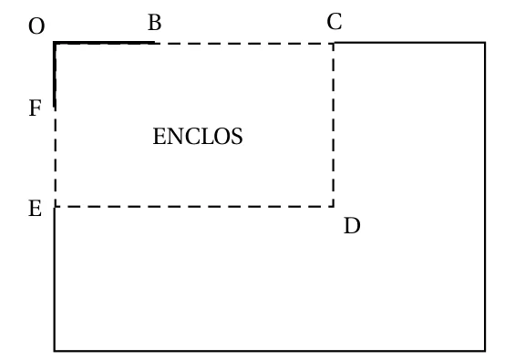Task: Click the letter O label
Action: point(36,26)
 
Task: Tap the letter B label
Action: point(155,23)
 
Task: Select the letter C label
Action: point(335,22)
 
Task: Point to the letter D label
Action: point(352,226)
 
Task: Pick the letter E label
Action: point(36,208)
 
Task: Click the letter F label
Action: point(36,108)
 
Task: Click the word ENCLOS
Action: point(198,137)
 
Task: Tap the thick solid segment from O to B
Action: point(104,43)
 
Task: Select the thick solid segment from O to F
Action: point(55,75)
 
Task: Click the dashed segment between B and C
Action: point(244,43)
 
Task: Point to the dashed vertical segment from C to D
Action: point(334,125)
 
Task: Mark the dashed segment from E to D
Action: point(194,207)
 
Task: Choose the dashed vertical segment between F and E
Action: point(56,158)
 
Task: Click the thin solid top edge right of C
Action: point(409,42)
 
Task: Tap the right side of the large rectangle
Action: point(485,197)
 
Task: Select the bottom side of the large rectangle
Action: point(270,351)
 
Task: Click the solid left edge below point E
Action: point(55,279)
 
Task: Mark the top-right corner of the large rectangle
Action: point(485,42)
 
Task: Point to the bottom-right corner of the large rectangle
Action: point(485,351)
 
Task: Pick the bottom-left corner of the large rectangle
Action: point(55,351)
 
